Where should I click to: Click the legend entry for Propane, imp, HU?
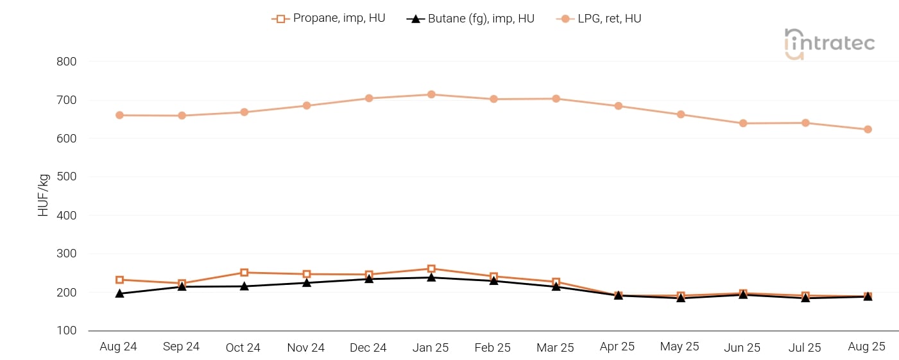[329, 19]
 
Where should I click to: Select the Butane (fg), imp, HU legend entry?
[470, 19]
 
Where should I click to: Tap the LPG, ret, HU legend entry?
[599, 19]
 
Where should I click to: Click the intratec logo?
[829, 44]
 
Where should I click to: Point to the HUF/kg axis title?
[44, 196]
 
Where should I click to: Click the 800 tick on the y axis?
[67, 62]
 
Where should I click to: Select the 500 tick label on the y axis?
[67, 177]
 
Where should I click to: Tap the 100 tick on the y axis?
[67, 330]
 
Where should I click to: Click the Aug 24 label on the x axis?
[119, 347]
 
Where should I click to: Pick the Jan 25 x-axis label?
[431, 347]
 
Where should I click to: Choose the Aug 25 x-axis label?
[866, 347]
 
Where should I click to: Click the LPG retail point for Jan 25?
[431, 94]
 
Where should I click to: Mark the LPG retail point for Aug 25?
[868, 129]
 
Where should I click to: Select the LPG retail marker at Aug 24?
[119, 116]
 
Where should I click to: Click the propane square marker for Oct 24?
[244, 273]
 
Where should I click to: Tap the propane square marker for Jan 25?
[431, 269]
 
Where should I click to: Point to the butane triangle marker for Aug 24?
[119, 293]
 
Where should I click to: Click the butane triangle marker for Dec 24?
[369, 279]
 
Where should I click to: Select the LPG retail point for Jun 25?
[743, 123]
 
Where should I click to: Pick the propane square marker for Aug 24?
[119, 280]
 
